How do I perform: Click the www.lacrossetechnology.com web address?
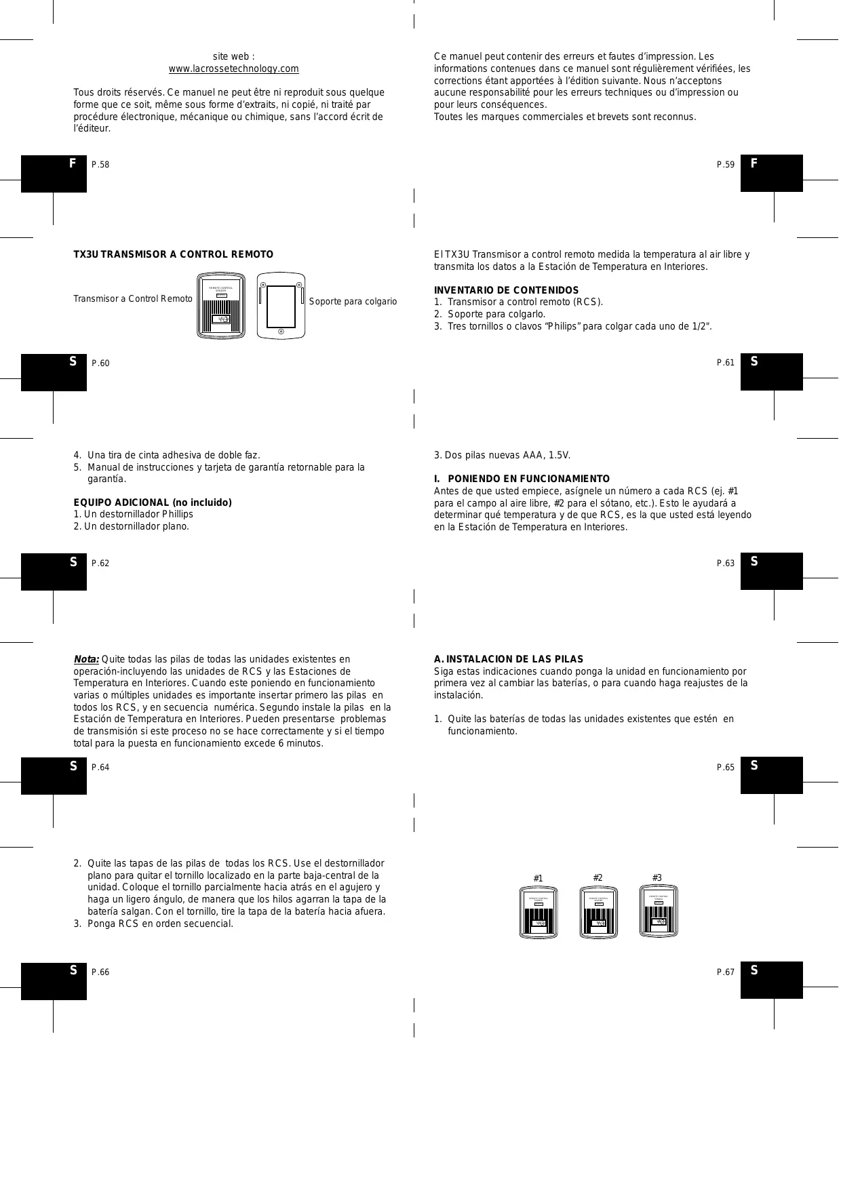point(233,69)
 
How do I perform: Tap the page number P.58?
point(100,165)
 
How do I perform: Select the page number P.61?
point(725,363)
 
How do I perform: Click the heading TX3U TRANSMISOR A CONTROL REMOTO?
point(174,254)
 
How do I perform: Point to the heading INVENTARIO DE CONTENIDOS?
point(506,290)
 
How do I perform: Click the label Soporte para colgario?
point(353,301)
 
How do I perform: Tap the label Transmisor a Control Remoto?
point(133,299)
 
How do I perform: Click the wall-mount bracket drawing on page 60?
point(281,306)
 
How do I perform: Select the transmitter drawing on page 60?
point(220,306)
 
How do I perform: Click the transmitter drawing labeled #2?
point(598,912)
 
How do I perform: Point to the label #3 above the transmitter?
point(657,878)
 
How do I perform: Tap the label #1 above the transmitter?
point(538,878)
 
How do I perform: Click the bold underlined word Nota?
point(86,659)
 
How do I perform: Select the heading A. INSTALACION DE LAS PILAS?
point(508,659)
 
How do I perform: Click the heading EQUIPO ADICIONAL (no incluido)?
point(153,502)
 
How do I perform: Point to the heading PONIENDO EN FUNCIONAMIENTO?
point(528,479)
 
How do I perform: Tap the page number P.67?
point(725,972)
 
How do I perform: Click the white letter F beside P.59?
point(754,163)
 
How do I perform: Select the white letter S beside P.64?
point(73,766)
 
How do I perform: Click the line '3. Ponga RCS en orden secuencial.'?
point(153,924)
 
